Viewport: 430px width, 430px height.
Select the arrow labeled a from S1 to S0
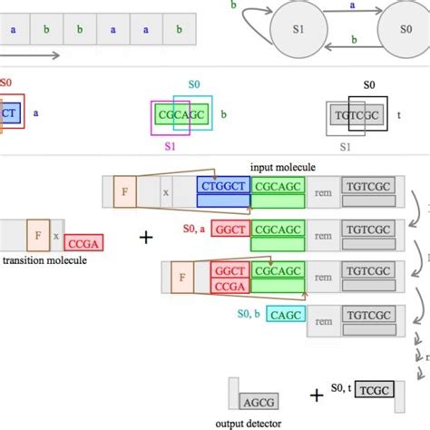click(x=339, y=8)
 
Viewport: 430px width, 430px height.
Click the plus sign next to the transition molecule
click(x=146, y=238)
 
